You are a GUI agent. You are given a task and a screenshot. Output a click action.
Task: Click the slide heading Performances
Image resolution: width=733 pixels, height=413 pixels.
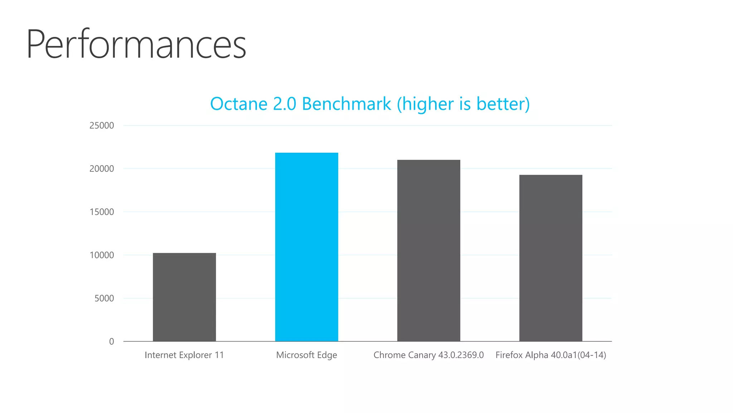tap(136, 44)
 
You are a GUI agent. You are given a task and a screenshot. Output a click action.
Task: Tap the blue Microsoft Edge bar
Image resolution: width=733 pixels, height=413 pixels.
tap(306, 247)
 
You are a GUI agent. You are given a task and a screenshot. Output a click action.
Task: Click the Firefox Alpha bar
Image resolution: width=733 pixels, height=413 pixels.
tap(550, 258)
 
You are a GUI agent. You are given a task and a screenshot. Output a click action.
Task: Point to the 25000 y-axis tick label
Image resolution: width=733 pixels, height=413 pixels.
tap(102, 125)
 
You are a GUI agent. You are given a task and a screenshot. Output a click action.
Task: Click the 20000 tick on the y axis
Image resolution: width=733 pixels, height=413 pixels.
tap(102, 169)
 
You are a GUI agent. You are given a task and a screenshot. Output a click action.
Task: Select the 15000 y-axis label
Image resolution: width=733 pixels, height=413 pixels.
tap(102, 212)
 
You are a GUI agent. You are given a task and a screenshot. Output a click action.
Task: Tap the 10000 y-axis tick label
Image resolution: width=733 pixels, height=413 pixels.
tap(102, 255)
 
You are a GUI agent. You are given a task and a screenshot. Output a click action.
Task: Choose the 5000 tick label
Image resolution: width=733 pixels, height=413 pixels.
tap(104, 298)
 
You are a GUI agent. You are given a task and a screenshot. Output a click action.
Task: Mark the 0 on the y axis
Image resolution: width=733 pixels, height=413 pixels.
tap(112, 342)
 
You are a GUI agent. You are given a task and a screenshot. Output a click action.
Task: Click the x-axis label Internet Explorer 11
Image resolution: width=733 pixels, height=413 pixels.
tap(184, 355)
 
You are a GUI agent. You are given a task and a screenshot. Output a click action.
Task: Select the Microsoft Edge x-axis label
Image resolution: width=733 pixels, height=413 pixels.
tap(306, 355)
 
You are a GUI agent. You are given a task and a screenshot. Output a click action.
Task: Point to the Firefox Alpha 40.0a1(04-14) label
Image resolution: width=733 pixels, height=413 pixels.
tap(550, 355)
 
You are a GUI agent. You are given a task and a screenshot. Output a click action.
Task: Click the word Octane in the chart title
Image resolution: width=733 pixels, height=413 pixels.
tap(238, 104)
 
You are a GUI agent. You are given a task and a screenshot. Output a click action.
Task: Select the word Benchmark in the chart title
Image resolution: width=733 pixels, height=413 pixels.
tap(346, 104)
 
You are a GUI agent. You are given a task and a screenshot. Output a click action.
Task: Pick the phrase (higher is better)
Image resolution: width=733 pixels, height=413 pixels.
tap(463, 104)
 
